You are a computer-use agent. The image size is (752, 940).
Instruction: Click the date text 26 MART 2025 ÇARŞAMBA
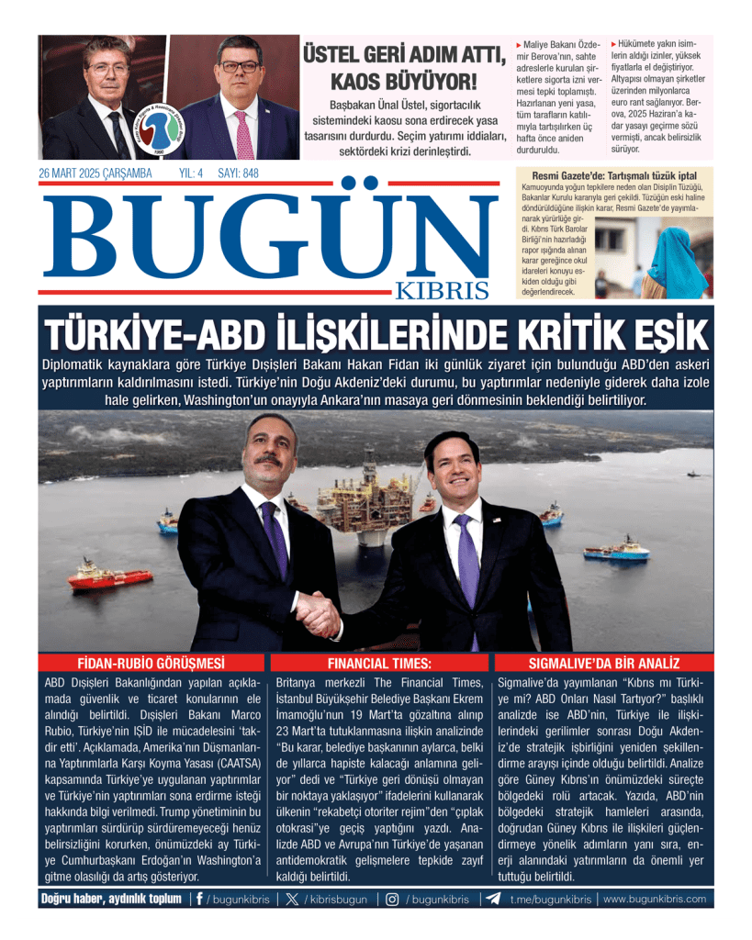[95, 173]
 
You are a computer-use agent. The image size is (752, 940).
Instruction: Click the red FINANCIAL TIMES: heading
[379, 663]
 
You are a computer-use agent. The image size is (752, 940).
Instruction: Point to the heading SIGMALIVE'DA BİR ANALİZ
[603, 663]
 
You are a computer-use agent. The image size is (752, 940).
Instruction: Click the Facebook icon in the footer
[199, 900]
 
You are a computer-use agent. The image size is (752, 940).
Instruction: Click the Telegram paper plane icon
[494, 900]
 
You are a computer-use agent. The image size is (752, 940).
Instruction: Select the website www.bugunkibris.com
[655, 900]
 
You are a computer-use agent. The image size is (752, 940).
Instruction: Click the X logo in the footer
[292, 900]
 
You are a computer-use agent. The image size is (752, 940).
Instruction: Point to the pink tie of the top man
[244, 133]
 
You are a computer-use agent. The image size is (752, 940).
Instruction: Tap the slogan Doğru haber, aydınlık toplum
[111, 900]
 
